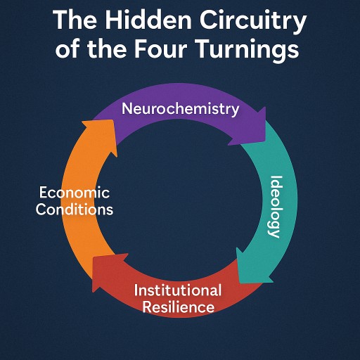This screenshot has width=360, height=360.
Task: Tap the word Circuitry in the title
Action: click(x=253, y=22)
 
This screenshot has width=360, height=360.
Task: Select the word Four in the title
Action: click(x=160, y=49)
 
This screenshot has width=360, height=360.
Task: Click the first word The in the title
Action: click(x=75, y=20)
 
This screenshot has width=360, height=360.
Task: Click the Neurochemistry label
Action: click(x=181, y=110)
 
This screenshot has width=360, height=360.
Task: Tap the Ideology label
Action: click(x=274, y=207)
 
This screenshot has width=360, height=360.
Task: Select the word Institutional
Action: click(x=178, y=290)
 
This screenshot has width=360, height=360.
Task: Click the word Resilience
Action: click(x=179, y=307)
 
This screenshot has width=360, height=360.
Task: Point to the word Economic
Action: click(x=75, y=193)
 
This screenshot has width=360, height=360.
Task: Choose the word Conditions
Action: click(x=75, y=209)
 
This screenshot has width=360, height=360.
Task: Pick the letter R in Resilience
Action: click(x=147, y=307)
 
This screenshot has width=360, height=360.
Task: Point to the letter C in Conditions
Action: click(x=41, y=209)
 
